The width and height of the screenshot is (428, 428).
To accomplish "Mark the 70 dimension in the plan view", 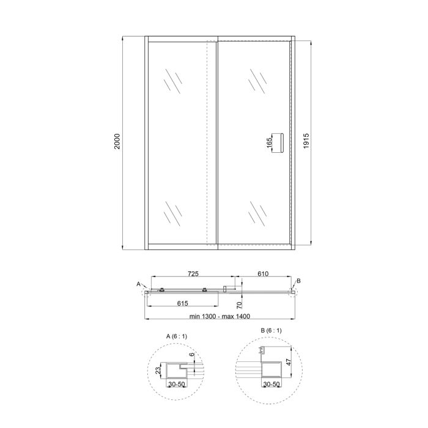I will tap(240, 303).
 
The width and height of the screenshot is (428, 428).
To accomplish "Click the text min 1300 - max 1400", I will tap(220, 316).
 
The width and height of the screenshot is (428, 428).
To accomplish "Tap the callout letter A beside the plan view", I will tap(139, 284).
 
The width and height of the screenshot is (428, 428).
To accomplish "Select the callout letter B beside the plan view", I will tap(298, 280).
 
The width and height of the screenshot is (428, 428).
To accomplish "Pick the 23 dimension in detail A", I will tap(158, 372).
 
